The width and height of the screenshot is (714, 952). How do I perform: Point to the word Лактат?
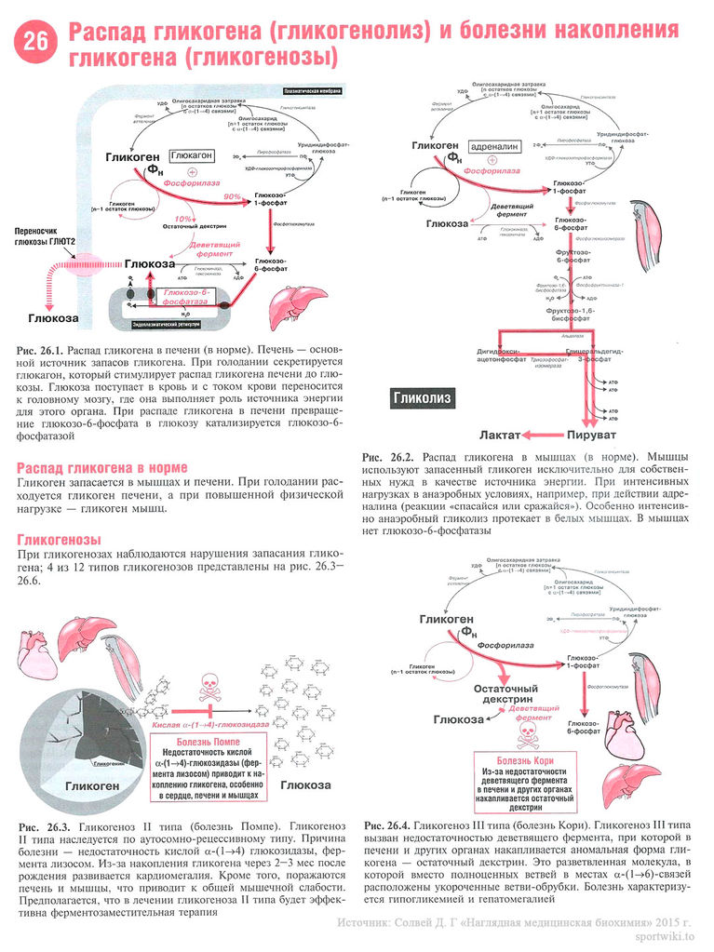pyautogui.click(x=501, y=435)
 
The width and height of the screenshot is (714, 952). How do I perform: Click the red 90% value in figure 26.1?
pyautogui.click(x=232, y=196)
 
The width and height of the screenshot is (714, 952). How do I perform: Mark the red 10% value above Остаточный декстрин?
pyautogui.click(x=183, y=219)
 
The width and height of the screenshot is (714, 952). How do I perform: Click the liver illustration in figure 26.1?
pyautogui.click(x=297, y=302)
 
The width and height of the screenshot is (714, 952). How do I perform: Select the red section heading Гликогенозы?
pyautogui.click(x=59, y=540)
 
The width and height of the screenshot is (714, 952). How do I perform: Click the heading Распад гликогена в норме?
pyautogui.click(x=102, y=466)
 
